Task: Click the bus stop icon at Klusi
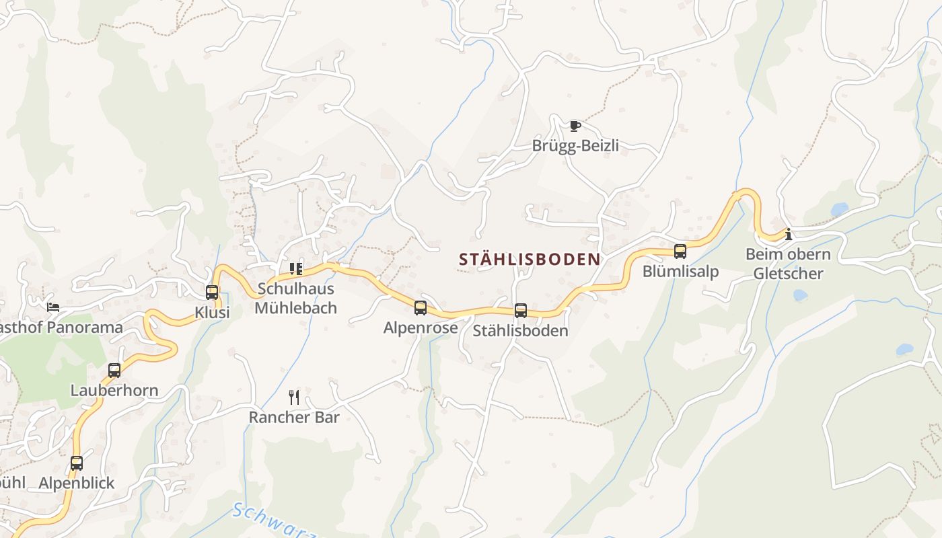coord(212,293)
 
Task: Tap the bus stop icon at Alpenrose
coord(421,308)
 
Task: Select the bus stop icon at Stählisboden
coord(521,311)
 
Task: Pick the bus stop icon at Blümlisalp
coord(680,252)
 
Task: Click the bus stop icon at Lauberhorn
coord(114,371)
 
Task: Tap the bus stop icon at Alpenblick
coord(77,463)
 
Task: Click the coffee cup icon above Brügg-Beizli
coord(575,126)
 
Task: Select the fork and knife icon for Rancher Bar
coord(294,397)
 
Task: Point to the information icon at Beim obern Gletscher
coord(788,235)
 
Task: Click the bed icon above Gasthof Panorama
coord(53,307)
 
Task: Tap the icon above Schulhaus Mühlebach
coord(296,269)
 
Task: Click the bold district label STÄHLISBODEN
coord(530,259)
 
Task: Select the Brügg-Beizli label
coord(575,146)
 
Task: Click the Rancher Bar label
coord(294,417)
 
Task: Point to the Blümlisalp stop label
coord(680,272)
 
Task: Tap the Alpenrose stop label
coord(421,328)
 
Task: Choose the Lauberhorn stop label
coord(114,391)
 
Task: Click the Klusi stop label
coord(212,313)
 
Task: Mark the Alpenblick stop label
coord(77,484)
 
